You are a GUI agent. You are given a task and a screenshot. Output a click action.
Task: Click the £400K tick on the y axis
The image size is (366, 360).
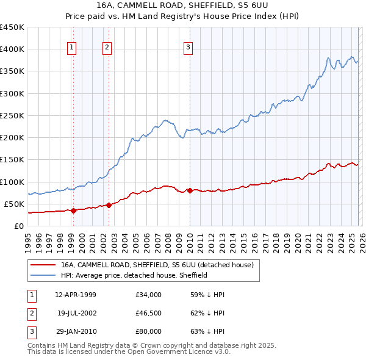pyautogui.click(x=12, y=49)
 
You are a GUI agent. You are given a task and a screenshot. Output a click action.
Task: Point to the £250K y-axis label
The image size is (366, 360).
pyautogui.click(x=12, y=115)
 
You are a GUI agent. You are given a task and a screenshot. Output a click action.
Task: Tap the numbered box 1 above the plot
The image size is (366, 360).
pyautogui.click(x=72, y=48)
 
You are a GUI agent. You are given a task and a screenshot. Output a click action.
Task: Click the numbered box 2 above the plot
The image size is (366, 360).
pyautogui.click(x=107, y=48)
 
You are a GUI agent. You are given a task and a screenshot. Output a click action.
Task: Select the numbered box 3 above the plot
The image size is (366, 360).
pyautogui.click(x=188, y=48)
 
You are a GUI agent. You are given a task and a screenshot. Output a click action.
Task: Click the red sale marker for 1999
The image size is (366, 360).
pyautogui.click(x=74, y=211)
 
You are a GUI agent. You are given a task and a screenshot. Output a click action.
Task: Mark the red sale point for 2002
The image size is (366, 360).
pyautogui.click(x=109, y=205)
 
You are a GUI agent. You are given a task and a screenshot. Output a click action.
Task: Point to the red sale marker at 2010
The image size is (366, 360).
pyautogui.click(x=190, y=190)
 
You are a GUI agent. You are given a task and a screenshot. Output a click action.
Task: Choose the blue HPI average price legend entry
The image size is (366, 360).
pyautogui.click(x=134, y=275)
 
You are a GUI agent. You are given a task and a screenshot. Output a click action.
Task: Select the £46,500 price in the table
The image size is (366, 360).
pyautogui.click(x=149, y=313)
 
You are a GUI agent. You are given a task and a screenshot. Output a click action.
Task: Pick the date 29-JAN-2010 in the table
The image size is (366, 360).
pyautogui.click(x=76, y=331)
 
